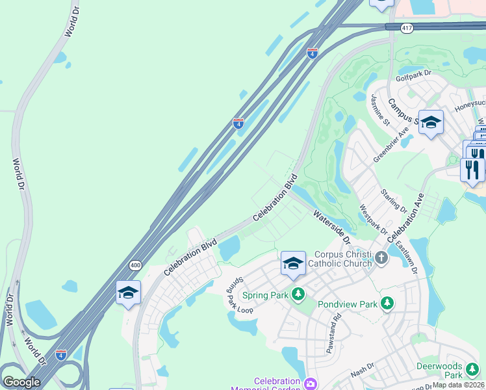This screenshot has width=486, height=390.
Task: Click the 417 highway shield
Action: pyautogui.click(x=407, y=29)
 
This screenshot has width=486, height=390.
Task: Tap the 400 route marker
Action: pyautogui.click(x=135, y=265)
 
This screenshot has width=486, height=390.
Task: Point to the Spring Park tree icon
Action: pyautogui.click(x=298, y=294)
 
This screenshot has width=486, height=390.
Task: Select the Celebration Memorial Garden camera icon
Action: pyautogui.click(x=310, y=383)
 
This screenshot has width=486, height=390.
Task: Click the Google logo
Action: pyautogui.click(x=21, y=382)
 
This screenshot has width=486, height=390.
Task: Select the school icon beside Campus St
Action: pyautogui.click(x=430, y=122)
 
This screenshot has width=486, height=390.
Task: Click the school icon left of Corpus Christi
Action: pyautogui.click(x=293, y=263)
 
